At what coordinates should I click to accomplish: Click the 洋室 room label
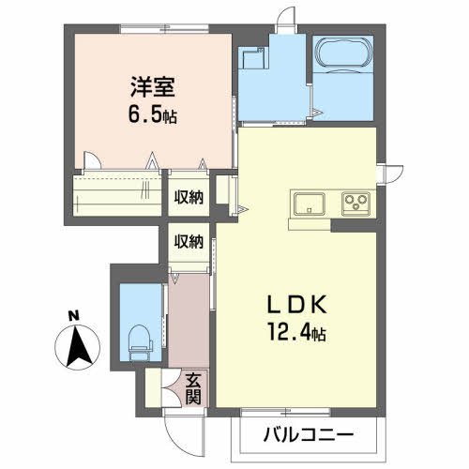click(x=153, y=86)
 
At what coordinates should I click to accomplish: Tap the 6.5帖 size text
click(x=153, y=114)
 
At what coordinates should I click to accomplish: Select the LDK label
click(x=296, y=304)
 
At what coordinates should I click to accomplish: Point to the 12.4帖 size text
click(x=296, y=332)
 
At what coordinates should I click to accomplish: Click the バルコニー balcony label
click(x=309, y=434)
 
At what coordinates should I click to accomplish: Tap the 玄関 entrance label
click(x=193, y=388)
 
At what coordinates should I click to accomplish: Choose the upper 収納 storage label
click(x=189, y=197)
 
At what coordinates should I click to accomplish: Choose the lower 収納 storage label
click(x=189, y=241)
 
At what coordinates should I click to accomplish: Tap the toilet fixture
click(x=140, y=342)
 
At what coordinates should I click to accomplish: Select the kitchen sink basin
click(x=310, y=204)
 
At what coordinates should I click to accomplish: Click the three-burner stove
click(x=356, y=204)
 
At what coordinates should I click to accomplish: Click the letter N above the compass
click(x=74, y=316)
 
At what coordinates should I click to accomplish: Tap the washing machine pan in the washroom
click(x=253, y=58)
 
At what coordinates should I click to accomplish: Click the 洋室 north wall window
click(x=165, y=29)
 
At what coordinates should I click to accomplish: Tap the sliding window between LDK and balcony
click(x=285, y=413)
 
